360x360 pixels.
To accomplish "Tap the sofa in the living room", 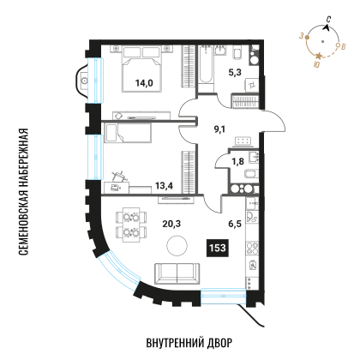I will [x=177, y=274].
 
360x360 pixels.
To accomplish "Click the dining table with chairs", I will [x=129, y=224].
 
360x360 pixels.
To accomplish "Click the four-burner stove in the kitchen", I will [x=253, y=249].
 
